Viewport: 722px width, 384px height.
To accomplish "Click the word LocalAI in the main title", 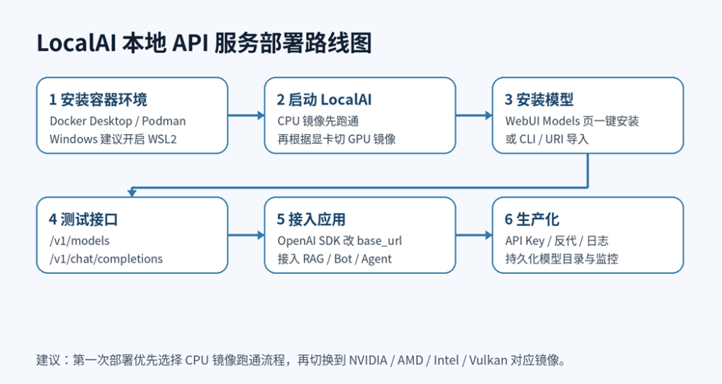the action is (x=76, y=43).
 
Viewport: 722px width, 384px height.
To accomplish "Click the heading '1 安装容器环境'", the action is (x=98, y=100).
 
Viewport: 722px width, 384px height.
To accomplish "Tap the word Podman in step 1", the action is (x=164, y=121).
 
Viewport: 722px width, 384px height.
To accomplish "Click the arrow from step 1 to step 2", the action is (x=246, y=115).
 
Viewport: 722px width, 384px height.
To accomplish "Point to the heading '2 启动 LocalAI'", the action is (x=324, y=100).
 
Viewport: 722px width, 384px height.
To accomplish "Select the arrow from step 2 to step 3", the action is (x=474, y=115).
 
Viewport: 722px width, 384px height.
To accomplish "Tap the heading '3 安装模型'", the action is (x=539, y=100).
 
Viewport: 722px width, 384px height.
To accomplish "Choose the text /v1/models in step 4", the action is (x=79, y=241).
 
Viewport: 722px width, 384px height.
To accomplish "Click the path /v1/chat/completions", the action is (x=106, y=258).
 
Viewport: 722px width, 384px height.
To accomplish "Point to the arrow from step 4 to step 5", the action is (x=246, y=235).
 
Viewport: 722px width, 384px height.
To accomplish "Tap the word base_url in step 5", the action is (x=379, y=241).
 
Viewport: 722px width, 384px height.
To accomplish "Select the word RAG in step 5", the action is (x=313, y=258).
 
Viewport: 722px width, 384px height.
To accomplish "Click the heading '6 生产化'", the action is (x=532, y=220).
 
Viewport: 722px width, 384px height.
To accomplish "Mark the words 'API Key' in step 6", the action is (x=525, y=241).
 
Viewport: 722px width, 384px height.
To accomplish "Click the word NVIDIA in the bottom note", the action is (x=368, y=360).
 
